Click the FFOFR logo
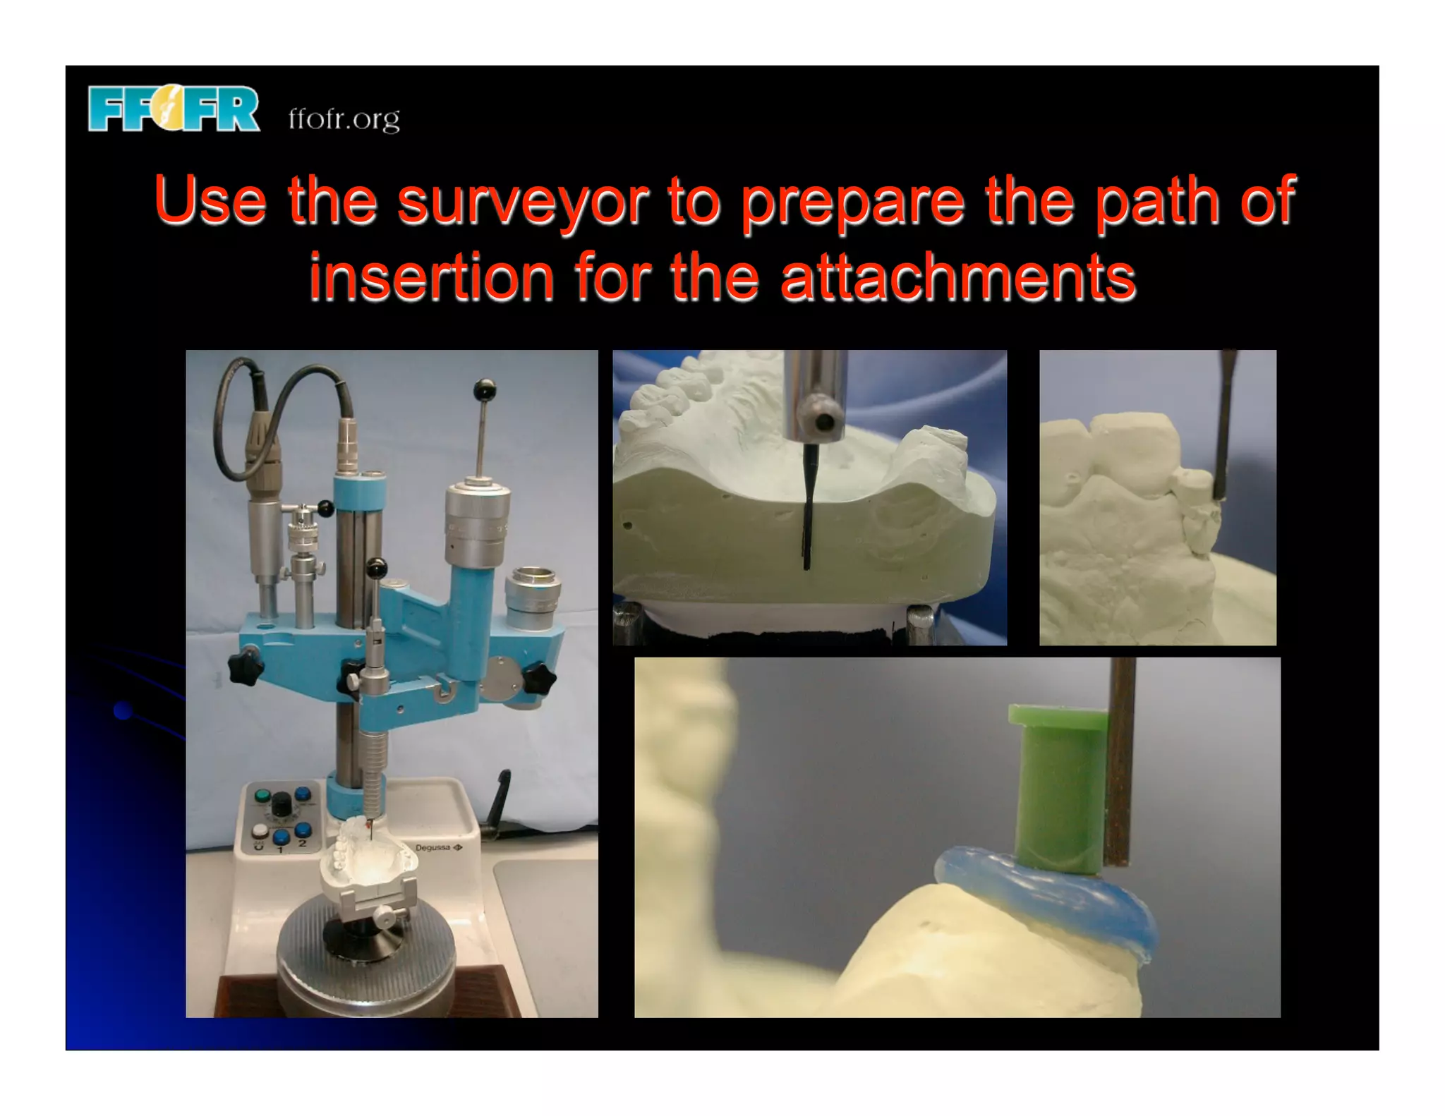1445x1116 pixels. (174, 109)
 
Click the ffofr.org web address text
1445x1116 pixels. (344, 119)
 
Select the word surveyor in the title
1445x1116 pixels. (522, 202)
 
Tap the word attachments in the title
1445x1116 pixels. (957, 277)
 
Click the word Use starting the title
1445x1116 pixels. (210, 202)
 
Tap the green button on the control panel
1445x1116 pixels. (262, 796)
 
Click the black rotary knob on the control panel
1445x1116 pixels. (282, 804)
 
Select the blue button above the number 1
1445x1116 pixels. (281, 837)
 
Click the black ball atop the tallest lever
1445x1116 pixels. (484, 389)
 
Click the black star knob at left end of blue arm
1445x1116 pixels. (245, 664)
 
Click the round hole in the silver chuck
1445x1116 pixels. (824, 423)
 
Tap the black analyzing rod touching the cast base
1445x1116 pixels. (807, 508)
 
